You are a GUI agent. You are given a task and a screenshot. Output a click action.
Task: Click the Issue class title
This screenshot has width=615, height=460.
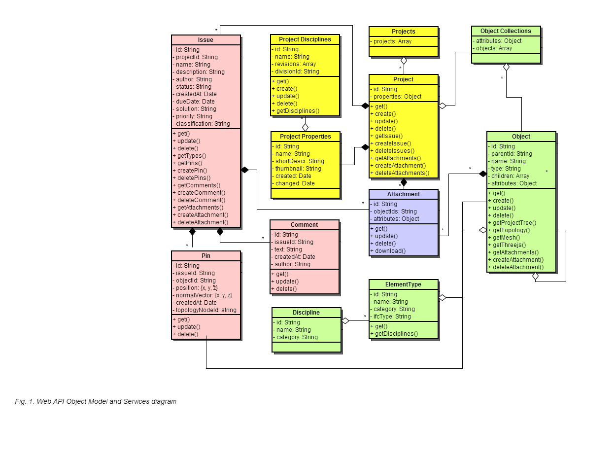(205, 40)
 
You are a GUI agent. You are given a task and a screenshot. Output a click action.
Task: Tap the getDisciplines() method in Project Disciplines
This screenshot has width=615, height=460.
(295, 111)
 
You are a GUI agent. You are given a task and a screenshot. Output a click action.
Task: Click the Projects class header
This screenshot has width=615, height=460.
(403, 32)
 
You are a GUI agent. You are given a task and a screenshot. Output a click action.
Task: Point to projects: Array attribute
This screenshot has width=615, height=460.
(391, 41)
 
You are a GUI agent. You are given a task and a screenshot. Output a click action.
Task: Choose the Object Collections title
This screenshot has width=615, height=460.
(506, 31)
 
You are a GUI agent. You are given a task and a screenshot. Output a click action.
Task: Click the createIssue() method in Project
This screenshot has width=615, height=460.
(391, 143)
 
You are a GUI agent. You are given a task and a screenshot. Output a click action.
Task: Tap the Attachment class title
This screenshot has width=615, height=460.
(403, 194)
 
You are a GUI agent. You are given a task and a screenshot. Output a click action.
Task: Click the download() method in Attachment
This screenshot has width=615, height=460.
(388, 251)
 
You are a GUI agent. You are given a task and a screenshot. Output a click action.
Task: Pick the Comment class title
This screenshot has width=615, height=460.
(304, 224)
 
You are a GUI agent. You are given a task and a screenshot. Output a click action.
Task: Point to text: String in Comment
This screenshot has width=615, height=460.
(286, 249)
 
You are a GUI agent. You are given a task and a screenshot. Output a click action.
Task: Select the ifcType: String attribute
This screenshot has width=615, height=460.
(390, 317)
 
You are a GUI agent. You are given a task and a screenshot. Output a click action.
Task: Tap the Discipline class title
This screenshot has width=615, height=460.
(306, 312)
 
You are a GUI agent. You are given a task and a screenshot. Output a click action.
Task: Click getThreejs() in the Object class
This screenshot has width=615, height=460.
(507, 245)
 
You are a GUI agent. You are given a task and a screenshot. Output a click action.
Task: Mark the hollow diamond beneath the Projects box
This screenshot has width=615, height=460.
(404, 61)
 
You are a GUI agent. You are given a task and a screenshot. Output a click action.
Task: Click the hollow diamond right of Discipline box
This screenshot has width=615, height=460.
(345, 320)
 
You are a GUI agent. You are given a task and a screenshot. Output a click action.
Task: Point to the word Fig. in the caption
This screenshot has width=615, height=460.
(21, 401)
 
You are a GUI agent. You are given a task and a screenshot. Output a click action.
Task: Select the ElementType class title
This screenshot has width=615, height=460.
(403, 284)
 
